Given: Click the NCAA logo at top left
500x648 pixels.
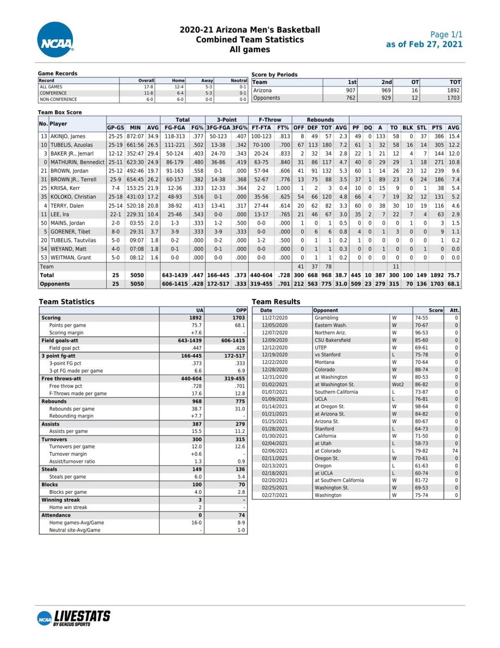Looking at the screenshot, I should click(55, 40).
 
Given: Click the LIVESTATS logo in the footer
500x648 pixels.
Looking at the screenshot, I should click(74, 618).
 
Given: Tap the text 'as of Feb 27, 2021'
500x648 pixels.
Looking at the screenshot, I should click(424, 45).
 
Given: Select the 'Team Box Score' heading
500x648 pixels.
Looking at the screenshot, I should click(60, 112).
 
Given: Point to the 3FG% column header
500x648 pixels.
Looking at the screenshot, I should click(240, 128).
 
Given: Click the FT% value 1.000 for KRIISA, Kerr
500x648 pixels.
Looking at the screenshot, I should click(282, 188).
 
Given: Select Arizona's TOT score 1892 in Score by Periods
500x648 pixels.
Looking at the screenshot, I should click(453, 90).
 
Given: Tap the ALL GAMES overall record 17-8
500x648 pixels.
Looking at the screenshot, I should click(148, 87).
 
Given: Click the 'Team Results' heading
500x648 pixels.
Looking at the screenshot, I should click(276, 301).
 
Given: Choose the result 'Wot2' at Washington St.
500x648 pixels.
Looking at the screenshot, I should click(397, 384).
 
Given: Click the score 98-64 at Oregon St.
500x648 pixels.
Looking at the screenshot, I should click(421, 407).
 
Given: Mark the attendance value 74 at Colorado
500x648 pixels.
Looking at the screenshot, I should click(455, 451).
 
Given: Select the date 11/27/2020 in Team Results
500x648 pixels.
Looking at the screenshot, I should click(275, 318).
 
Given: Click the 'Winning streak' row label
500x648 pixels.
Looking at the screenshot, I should click(60, 500).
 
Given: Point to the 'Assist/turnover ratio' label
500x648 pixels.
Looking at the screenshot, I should click(72, 462).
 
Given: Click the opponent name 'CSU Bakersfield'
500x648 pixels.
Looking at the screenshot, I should click(332, 340).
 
